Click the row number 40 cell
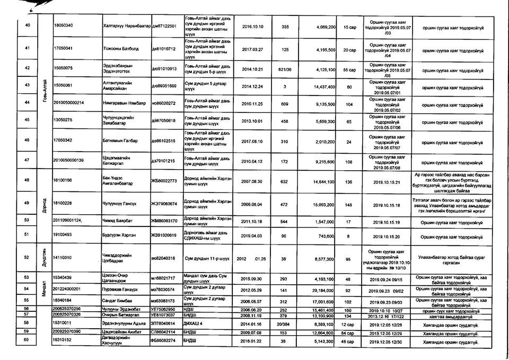(x=28, y=26)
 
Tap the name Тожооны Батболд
(x=117, y=49)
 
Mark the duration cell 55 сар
(x=348, y=70)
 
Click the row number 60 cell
(x=28, y=344)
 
